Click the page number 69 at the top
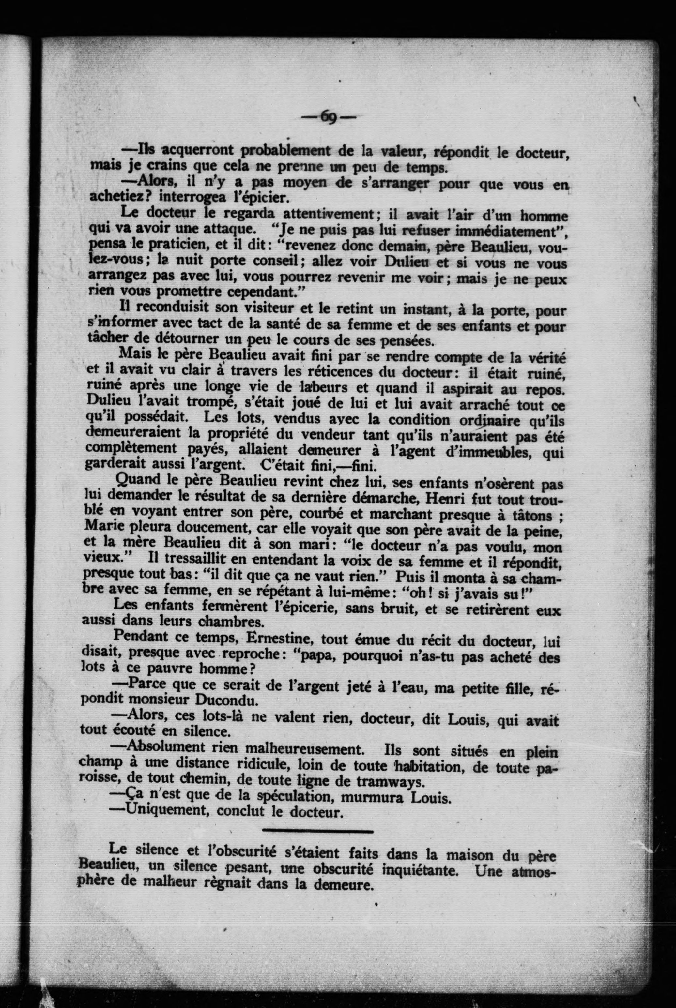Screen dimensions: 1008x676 [x=329, y=117]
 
